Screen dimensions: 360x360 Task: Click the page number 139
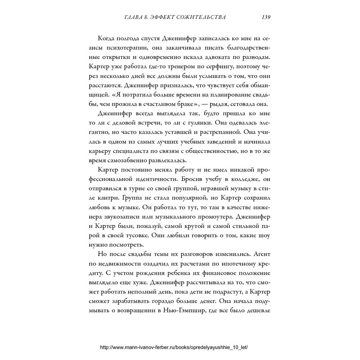point(266,17)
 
